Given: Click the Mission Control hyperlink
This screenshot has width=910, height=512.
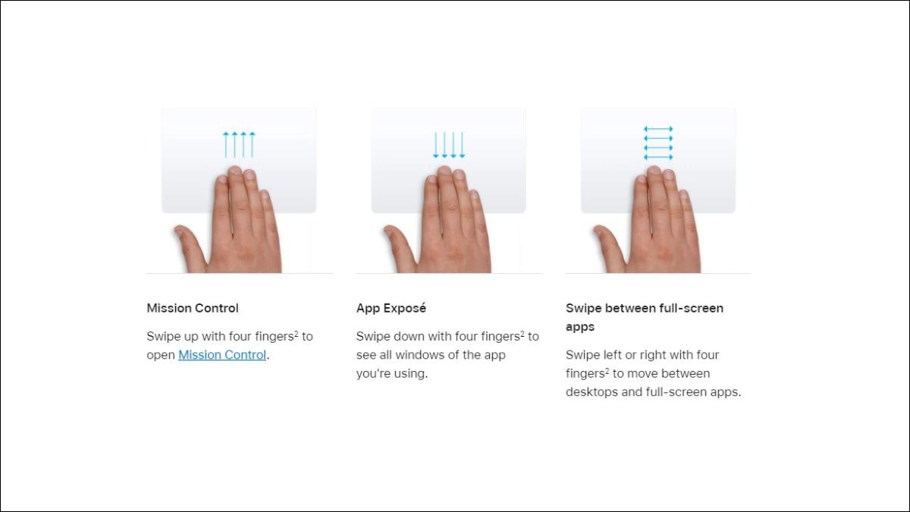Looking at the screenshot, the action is click(222, 355).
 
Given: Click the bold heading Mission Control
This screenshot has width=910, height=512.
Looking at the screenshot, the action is click(193, 308).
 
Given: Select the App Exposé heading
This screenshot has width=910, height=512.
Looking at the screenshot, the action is click(391, 308).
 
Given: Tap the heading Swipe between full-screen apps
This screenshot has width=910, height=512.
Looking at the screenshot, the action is click(645, 317).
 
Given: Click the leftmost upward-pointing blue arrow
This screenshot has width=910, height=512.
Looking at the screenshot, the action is click(226, 145).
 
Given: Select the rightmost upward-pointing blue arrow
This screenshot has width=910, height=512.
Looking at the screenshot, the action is click(253, 145).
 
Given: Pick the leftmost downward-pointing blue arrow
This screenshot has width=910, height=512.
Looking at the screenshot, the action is click(435, 145).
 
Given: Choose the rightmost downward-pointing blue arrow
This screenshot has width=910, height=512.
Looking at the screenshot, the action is click(462, 145).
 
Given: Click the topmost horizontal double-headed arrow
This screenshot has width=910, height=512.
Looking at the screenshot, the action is click(658, 129).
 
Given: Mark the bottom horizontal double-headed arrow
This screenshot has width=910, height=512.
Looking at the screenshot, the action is click(658, 157).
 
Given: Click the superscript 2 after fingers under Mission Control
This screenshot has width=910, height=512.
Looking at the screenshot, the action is click(297, 333).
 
